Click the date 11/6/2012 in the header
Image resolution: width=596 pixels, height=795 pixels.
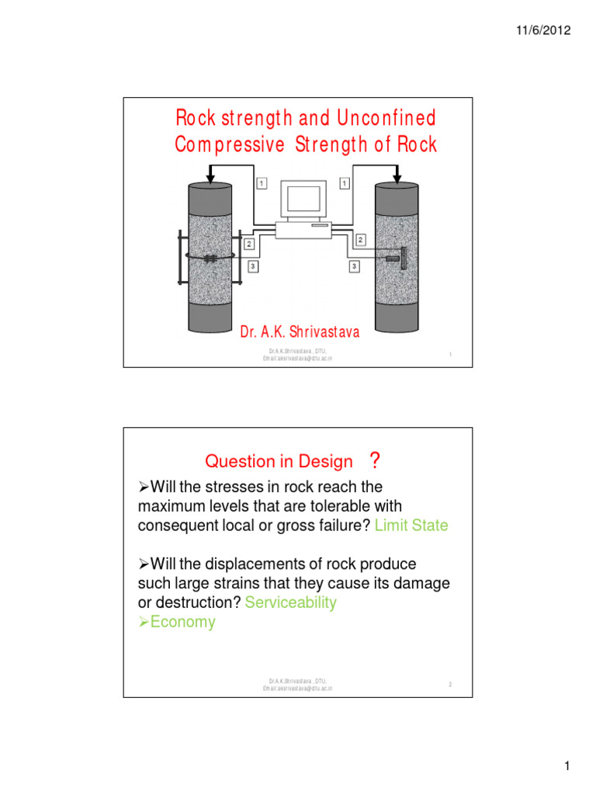pyautogui.click(x=544, y=31)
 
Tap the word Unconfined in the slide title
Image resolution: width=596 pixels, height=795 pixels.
pyautogui.click(x=386, y=119)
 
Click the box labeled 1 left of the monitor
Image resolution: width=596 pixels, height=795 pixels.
pyautogui.click(x=262, y=183)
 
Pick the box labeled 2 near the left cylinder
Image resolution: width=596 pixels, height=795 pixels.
pyautogui.click(x=249, y=244)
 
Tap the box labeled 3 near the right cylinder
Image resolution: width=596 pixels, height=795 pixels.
pyautogui.click(x=354, y=266)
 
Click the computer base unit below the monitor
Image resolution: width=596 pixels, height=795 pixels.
pyautogui.click(x=303, y=229)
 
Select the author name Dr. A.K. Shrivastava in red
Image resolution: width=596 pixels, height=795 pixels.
pyautogui.click(x=300, y=333)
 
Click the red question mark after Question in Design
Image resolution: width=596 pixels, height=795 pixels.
pyautogui.click(x=375, y=461)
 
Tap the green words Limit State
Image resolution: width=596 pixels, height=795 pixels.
pyautogui.click(x=411, y=526)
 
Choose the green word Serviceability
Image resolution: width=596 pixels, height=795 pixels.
pyautogui.click(x=290, y=603)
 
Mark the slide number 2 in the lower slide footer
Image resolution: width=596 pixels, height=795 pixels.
pyautogui.click(x=449, y=684)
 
